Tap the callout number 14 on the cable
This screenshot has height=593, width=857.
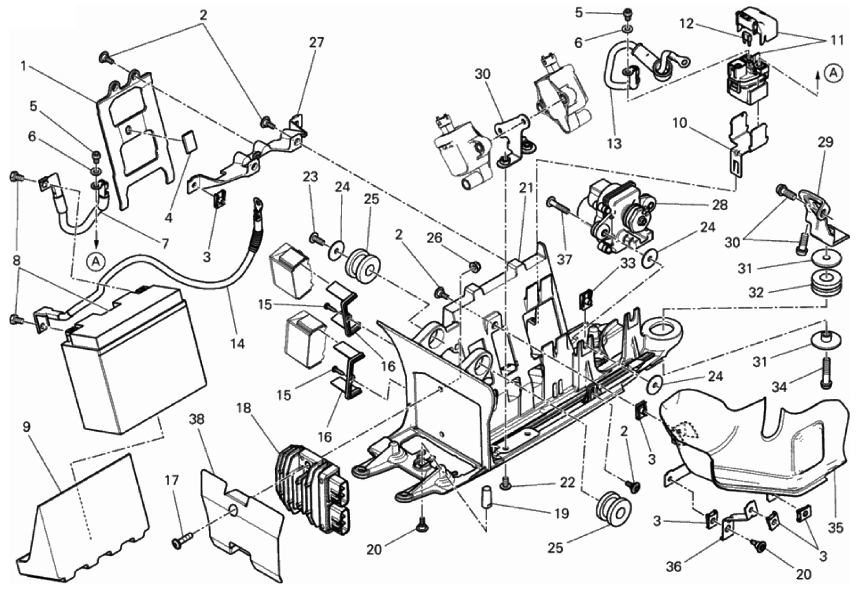click(237, 344)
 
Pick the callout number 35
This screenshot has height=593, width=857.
click(835, 528)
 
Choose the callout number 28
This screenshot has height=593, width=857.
click(720, 205)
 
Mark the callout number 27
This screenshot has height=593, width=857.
click(316, 43)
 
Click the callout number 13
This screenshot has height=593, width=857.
click(614, 143)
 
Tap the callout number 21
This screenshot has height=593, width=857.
click(526, 188)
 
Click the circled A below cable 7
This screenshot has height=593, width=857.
click(94, 261)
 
